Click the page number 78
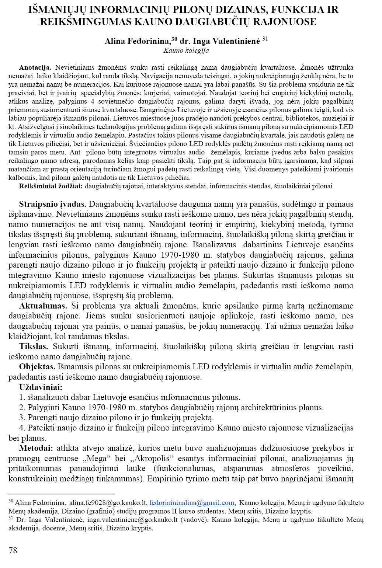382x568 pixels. click(x=13, y=550)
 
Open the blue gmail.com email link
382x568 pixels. click(x=192, y=503)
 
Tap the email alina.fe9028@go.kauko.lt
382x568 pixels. click(x=108, y=503)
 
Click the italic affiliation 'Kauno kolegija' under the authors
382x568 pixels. click(x=186, y=50)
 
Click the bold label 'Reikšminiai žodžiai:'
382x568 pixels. click(x=51, y=186)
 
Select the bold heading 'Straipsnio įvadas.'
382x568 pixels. click(x=53, y=204)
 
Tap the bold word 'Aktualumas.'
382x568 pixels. click(x=43, y=306)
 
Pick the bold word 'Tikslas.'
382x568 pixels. click(x=34, y=346)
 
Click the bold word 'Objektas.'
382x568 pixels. click(x=37, y=367)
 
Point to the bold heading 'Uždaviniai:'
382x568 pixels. click(x=41, y=387)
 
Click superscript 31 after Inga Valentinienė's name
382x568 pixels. click(x=265, y=39)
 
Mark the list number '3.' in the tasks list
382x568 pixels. click(x=22, y=418)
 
